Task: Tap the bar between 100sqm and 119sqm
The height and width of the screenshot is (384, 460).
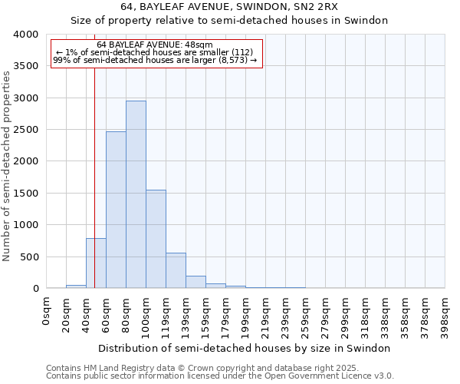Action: click(x=156, y=239)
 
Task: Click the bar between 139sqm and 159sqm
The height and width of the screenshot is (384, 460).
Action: click(x=195, y=282)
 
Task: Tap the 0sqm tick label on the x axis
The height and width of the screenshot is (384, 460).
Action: click(x=47, y=311)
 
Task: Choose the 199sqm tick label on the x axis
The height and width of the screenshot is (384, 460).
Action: click(x=246, y=316)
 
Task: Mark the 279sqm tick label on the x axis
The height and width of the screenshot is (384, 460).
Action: click(x=326, y=316)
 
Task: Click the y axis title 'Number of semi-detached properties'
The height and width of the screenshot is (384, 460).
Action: click(x=7, y=165)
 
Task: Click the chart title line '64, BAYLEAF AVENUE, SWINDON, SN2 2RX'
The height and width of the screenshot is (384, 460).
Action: click(x=229, y=7)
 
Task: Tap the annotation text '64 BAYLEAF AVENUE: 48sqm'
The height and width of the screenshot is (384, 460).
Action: click(x=160, y=45)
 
